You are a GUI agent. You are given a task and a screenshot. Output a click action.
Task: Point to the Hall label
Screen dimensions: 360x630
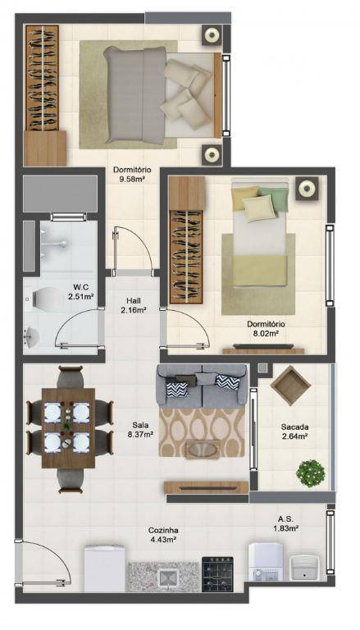[133, 300]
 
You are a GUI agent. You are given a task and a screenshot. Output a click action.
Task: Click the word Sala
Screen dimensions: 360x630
[139, 425]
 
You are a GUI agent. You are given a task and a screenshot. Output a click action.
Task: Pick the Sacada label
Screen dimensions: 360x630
[295, 427]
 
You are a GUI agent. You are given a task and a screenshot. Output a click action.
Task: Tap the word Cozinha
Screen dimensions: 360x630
[162, 531]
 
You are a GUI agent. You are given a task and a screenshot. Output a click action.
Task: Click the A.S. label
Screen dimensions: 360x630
[285, 518]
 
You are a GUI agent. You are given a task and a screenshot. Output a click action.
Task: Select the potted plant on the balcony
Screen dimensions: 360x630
[311, 473]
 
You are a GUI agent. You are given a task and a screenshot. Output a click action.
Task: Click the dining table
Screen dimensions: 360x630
[68, 428]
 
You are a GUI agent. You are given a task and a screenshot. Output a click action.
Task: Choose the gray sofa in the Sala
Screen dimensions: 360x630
[202, 385]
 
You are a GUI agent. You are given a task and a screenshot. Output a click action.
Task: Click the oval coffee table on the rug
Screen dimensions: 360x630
[203, 450]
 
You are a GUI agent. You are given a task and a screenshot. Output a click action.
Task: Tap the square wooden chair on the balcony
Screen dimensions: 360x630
[290, 385]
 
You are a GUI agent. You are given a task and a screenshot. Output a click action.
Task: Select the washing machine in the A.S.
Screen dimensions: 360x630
[266, 561]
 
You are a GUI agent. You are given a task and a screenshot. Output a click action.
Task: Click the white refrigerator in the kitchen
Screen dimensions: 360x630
[104, 568]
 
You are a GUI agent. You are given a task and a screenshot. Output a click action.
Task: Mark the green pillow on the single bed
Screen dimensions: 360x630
[276, 199]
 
